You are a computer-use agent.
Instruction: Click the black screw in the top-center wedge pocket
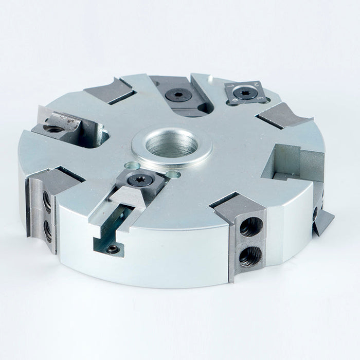tap(178, 95)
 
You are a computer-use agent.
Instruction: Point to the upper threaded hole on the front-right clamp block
tap(251, 227)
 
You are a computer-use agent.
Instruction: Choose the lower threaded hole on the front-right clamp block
tap(250, 254)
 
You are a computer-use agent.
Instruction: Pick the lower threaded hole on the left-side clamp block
tap(47, 231)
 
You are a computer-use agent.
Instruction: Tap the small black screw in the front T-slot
tap(113, 249)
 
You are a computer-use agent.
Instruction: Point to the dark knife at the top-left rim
tap(109, 91)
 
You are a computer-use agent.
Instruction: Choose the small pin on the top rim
tap(210, 79)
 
